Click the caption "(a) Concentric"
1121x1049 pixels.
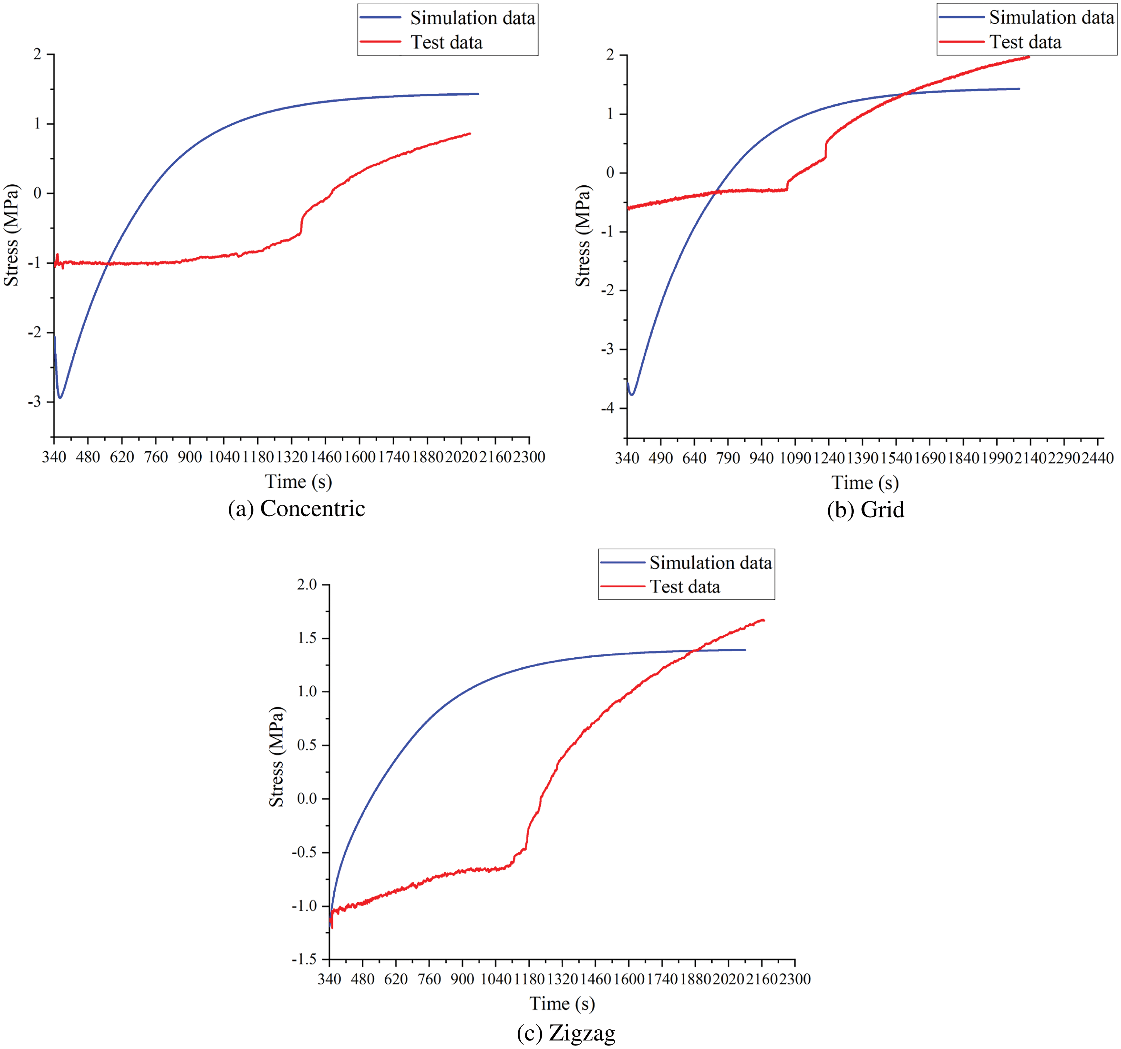[x=297, y=509]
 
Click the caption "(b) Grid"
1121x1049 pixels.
[x=866, y=510]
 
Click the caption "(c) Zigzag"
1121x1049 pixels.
[x=566, y=1033]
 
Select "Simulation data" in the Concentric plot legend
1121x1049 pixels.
[x=472, y=18]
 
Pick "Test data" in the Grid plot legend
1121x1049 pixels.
[x=1025, y=42]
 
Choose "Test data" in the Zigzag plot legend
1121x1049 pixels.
[x=685, y=587]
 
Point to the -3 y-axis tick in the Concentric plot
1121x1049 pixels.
[x=35, y=401]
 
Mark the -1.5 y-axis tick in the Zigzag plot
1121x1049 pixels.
[x=304, y=960]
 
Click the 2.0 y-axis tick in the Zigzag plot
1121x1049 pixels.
[x=307, y=584]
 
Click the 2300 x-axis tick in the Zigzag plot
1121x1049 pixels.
[x=795, y=979]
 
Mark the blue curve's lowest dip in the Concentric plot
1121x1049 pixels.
[x=60, y=397]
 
